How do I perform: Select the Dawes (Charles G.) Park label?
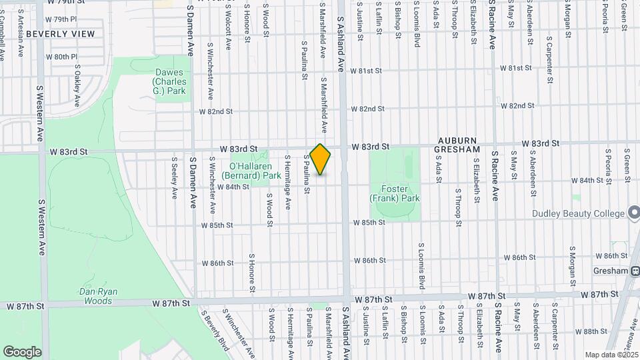pos(169,81)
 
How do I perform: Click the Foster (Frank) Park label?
pos(395,194)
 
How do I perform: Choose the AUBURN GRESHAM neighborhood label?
pos(459,146)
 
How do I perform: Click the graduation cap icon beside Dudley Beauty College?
pos(634,213)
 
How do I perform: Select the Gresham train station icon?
pos(634,271)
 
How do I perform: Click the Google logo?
pos(22,352)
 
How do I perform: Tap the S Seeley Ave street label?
pos(174,177)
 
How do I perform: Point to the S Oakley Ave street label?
pos(77,85)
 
